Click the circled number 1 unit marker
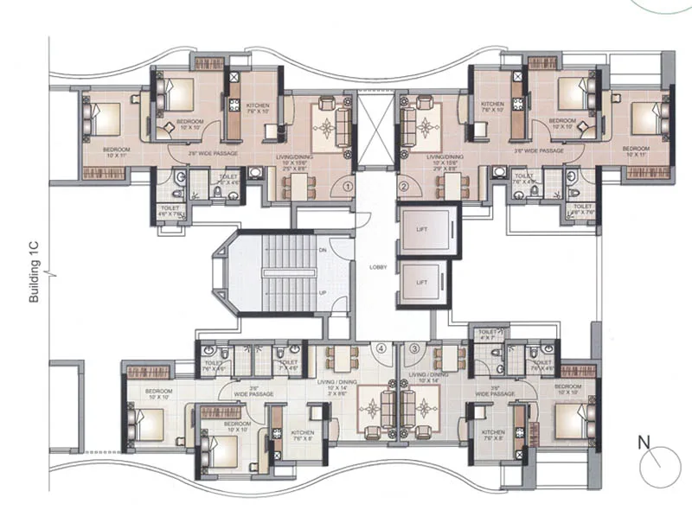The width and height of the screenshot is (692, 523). tap(347, 185)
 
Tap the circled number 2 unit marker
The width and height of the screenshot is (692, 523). tap(403, 185)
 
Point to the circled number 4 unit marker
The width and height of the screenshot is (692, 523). tap(380, 348)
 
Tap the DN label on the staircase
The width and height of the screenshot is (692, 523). tap(322, 250)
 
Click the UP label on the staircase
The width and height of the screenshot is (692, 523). tap(322, 293)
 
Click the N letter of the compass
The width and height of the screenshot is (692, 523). tap(643, 443)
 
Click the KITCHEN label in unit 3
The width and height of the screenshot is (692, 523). tap(493, 434)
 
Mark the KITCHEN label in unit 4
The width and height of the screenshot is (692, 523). tap(302, 434)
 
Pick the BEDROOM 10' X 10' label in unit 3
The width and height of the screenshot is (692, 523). tap(567, 389)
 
